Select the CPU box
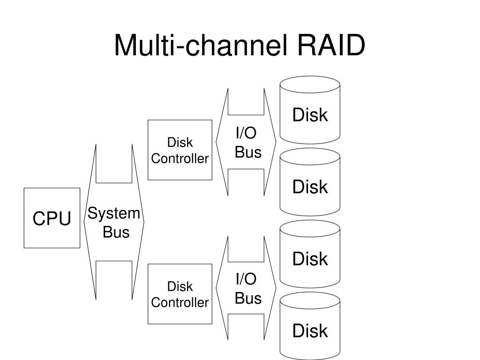(52, 218)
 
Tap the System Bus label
(114, 223)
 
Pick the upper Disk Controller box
(180, 150)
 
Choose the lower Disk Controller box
(180, 294)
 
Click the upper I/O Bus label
(248, 142)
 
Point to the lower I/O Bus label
(248, 288)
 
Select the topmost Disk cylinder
(310, 110)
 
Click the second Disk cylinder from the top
(310, 182)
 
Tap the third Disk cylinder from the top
(310, 254)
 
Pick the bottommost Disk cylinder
(310, 326)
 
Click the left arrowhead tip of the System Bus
(84, 222)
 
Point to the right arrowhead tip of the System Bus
(143, 222)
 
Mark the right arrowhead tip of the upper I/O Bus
(276, 142)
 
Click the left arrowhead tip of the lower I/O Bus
(216, 288)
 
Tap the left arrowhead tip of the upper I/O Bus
(216, 142)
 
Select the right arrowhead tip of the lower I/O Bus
(276, 288)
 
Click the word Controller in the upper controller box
(180, 158)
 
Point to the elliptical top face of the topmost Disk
(310, 84)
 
